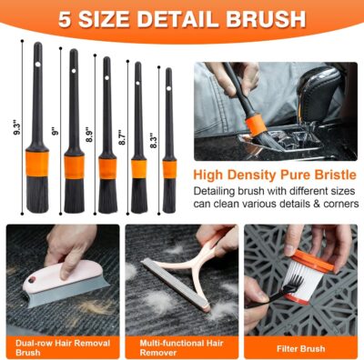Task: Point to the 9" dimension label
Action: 55,131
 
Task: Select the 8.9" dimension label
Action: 88,135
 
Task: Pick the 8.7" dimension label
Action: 123,138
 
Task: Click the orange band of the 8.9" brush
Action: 107,167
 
